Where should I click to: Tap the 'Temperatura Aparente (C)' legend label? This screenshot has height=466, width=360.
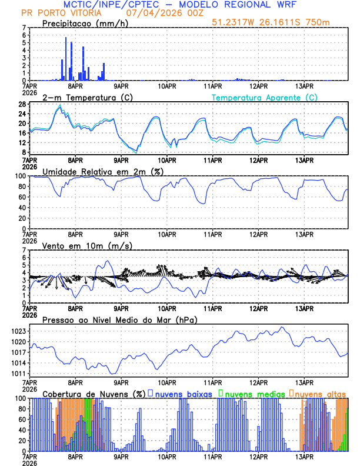(x=265, y=97)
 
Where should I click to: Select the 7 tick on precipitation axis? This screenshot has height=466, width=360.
(x=24, y=28)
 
